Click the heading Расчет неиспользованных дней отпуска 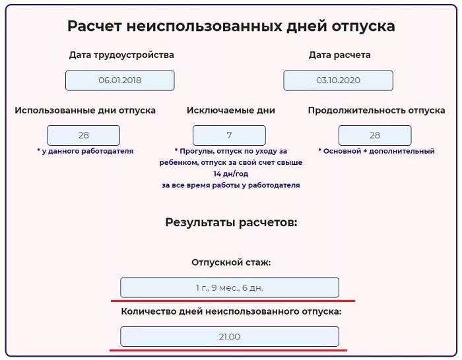[231, 26]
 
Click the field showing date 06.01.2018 [120, 80]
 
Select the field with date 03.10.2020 [338, 80]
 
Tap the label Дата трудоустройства [121, 55]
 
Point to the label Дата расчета [339, 55]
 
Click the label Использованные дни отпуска [85, 111]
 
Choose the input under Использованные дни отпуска [84, 135]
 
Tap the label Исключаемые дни [231, 111]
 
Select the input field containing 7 [229, 135]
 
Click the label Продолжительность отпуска [376, 111]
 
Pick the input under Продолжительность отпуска [375, 135]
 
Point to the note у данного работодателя [85, 151]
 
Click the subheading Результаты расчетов [231, 222]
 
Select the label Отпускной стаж [231, 262]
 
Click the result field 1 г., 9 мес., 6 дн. [230, 287]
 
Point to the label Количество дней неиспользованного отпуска [231, 311]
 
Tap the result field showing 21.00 [230, 337]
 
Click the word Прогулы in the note [195, 151]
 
